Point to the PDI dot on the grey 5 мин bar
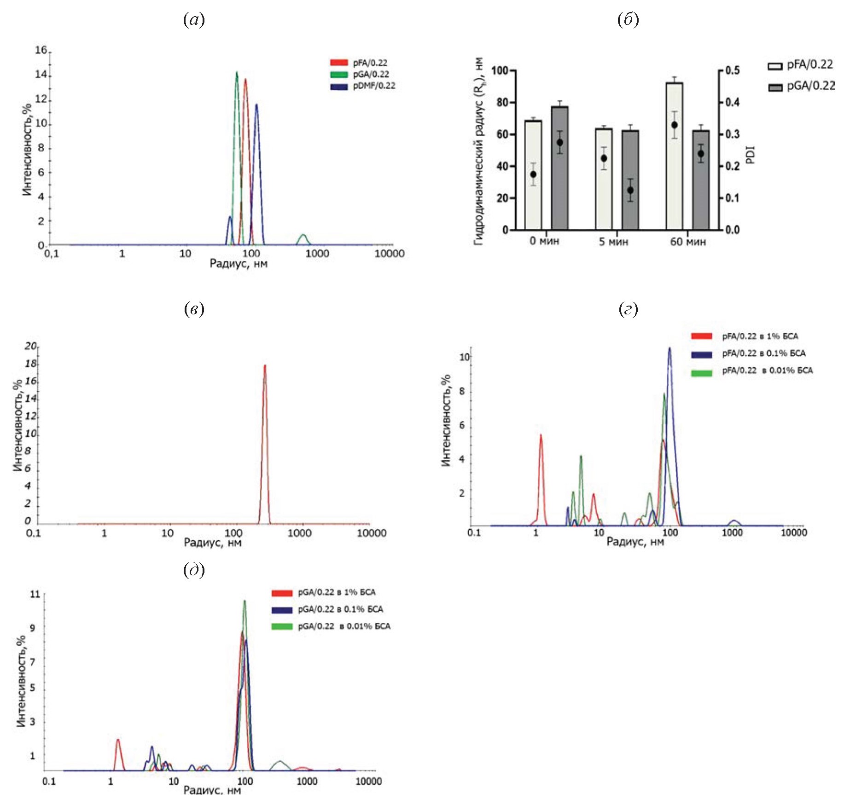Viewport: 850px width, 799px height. pos(630,190)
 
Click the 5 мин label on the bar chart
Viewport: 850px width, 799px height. pos(613,242)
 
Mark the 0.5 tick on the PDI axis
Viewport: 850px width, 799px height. pos(732,70)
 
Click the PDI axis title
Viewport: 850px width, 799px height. pos(751,155)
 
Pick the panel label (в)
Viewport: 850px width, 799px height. pos(194,309)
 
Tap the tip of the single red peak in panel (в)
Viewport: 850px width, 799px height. pos(265,366)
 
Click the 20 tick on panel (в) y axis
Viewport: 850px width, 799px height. pos(30,346)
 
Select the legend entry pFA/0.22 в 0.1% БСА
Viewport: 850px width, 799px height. pos(763,353)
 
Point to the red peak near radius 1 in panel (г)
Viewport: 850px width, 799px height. pos(541,435)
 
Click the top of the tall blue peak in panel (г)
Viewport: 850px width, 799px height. pos(670,348)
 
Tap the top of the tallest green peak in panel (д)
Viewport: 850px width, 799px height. pos(245,601)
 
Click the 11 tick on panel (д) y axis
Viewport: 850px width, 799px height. pos(35,594)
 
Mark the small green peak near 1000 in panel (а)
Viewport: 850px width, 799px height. pos(303,236)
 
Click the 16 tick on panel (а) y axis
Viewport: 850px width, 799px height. pos(41,50)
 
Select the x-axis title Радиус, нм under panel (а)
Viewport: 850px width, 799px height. pos(239,264)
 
